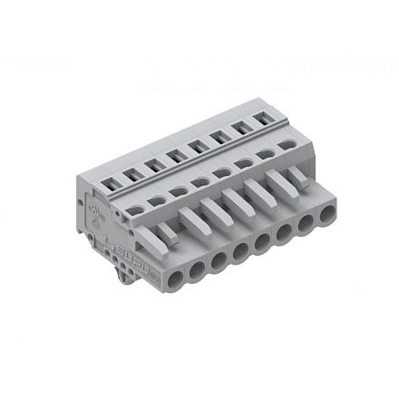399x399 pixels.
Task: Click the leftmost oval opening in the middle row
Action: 133,209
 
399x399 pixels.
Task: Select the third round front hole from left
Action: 219,255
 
